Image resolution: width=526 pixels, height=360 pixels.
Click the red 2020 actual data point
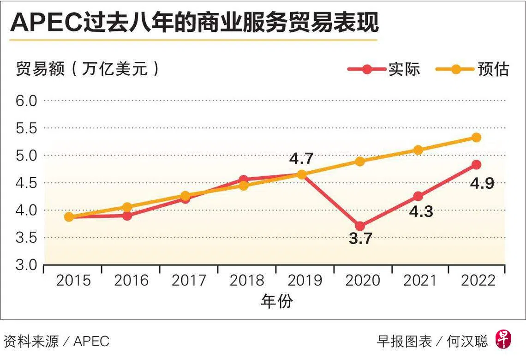(360, 226)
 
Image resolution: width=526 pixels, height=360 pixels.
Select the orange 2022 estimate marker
(477, 138)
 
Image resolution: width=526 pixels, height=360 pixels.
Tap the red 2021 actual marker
(418, 196)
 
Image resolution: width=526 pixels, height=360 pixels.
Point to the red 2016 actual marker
(127, 216)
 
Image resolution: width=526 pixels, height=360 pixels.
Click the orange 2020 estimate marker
(360, 162)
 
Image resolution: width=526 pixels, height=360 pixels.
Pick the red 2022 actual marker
(477, 165)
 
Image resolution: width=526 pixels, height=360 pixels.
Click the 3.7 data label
(360, 239)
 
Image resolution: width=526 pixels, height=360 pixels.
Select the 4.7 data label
(301, 159)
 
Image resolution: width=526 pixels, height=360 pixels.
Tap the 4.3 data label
(420, 212)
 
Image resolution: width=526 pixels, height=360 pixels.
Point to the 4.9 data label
(482, 183)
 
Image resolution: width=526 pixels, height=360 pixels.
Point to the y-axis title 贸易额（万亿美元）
(88, 69)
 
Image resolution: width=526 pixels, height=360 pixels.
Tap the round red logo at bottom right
(504, 341)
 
